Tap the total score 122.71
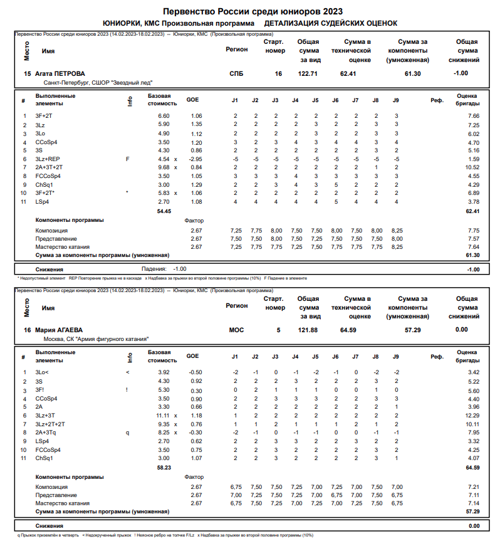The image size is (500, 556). (308, 73)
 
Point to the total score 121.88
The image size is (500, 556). (308, 330)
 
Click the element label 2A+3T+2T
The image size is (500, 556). (49, 167)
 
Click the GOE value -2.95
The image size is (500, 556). (195, 159)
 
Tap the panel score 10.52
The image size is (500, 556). (472, 167)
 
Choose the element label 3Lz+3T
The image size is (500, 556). (45, 416)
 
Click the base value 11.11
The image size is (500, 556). (162, 416)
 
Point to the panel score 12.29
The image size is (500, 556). (472, 416)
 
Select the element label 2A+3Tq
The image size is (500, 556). (46, 433)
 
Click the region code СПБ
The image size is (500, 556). (237, 73)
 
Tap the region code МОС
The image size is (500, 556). (237, 330)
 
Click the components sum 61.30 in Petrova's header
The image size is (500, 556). (412, 73)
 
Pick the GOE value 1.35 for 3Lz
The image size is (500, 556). (195, 125)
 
